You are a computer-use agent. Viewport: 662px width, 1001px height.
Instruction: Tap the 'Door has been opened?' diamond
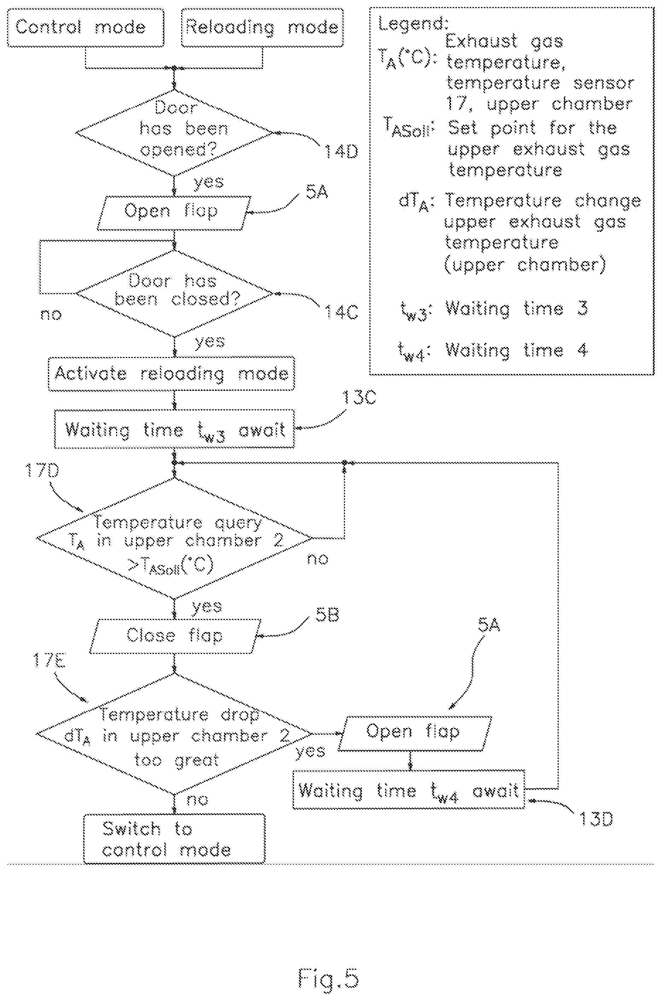click(174, 132)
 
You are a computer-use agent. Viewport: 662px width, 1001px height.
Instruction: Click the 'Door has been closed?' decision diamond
click(175, 293)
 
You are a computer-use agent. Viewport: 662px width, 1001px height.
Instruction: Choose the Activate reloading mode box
click(171, 374)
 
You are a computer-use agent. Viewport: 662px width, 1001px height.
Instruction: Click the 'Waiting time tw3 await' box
click(174, 429)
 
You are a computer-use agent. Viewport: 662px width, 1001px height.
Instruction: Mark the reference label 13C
click(359, 398)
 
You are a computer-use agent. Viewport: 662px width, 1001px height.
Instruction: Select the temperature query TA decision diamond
click(174, 538)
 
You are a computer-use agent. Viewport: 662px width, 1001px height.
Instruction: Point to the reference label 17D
click(42, 470)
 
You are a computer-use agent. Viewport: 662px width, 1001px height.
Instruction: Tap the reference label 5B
click(327, 615)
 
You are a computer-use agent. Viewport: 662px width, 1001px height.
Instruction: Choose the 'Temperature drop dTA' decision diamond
click(174, 734)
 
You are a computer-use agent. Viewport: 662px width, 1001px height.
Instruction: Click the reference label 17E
click(50, 660)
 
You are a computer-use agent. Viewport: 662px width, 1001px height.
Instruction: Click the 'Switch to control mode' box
click(174, 839)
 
